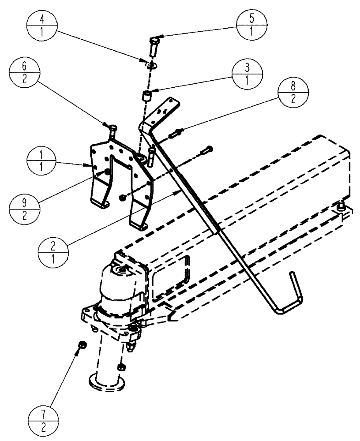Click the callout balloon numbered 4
coord(42,27)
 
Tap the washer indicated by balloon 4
coord(152,65)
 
